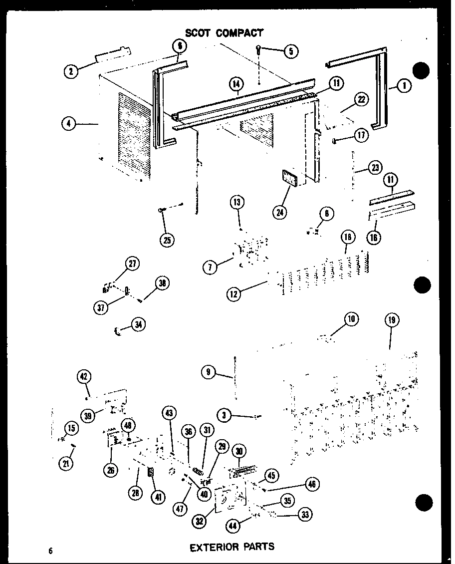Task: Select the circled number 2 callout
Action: pos(71,71)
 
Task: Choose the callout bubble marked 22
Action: pos(361,99)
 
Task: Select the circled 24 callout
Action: pos(281,212)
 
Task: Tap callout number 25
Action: pos(167,240)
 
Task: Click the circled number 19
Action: pos(392,320)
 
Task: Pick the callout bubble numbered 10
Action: pos(351,318)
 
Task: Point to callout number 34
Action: pos(137,325)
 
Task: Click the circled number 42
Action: pos(84,376)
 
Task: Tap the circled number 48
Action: pos(128,425)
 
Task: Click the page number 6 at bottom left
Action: pos(50,551)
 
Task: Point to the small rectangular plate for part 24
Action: pos(287,178)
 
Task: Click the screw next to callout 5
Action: pos(258,50)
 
